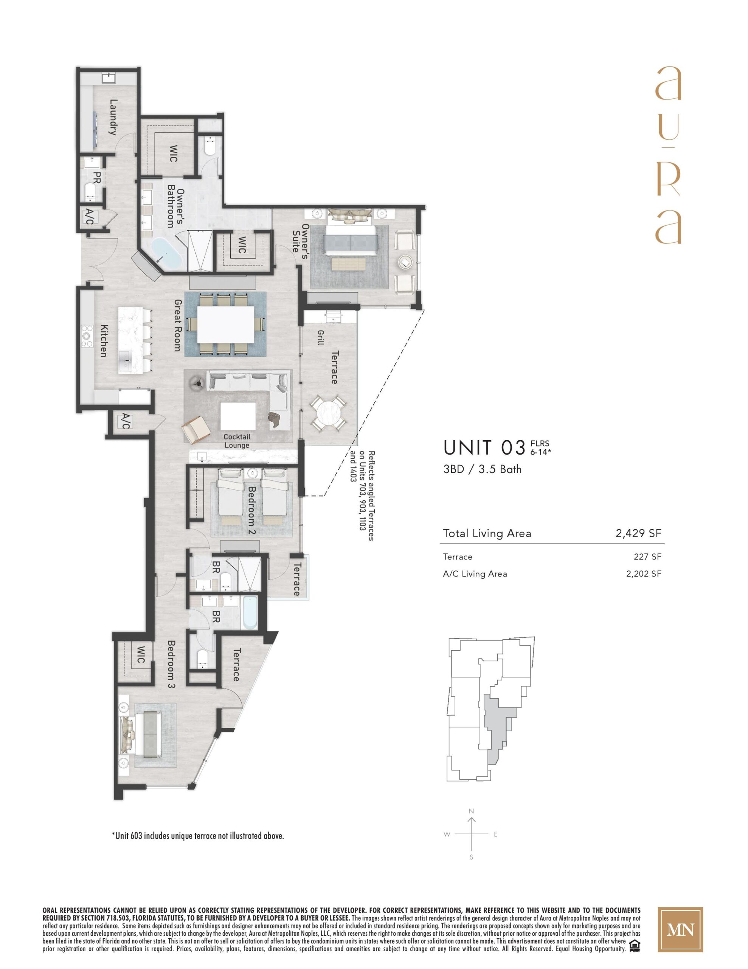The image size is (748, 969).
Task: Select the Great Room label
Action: [178, 325]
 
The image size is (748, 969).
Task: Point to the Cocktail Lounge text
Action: [237, 441]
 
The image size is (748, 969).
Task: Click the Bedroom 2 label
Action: [252, 511]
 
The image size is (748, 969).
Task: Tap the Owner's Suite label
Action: [301, 237]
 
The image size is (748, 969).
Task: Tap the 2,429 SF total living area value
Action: [638, 533]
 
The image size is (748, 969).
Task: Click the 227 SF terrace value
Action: [647, 557]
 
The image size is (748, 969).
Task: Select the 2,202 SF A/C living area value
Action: [643, 574]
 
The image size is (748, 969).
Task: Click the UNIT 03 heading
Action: [484, 448]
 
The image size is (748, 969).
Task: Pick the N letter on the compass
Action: [471, 811]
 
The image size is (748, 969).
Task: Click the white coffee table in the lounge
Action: [238, 416]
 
